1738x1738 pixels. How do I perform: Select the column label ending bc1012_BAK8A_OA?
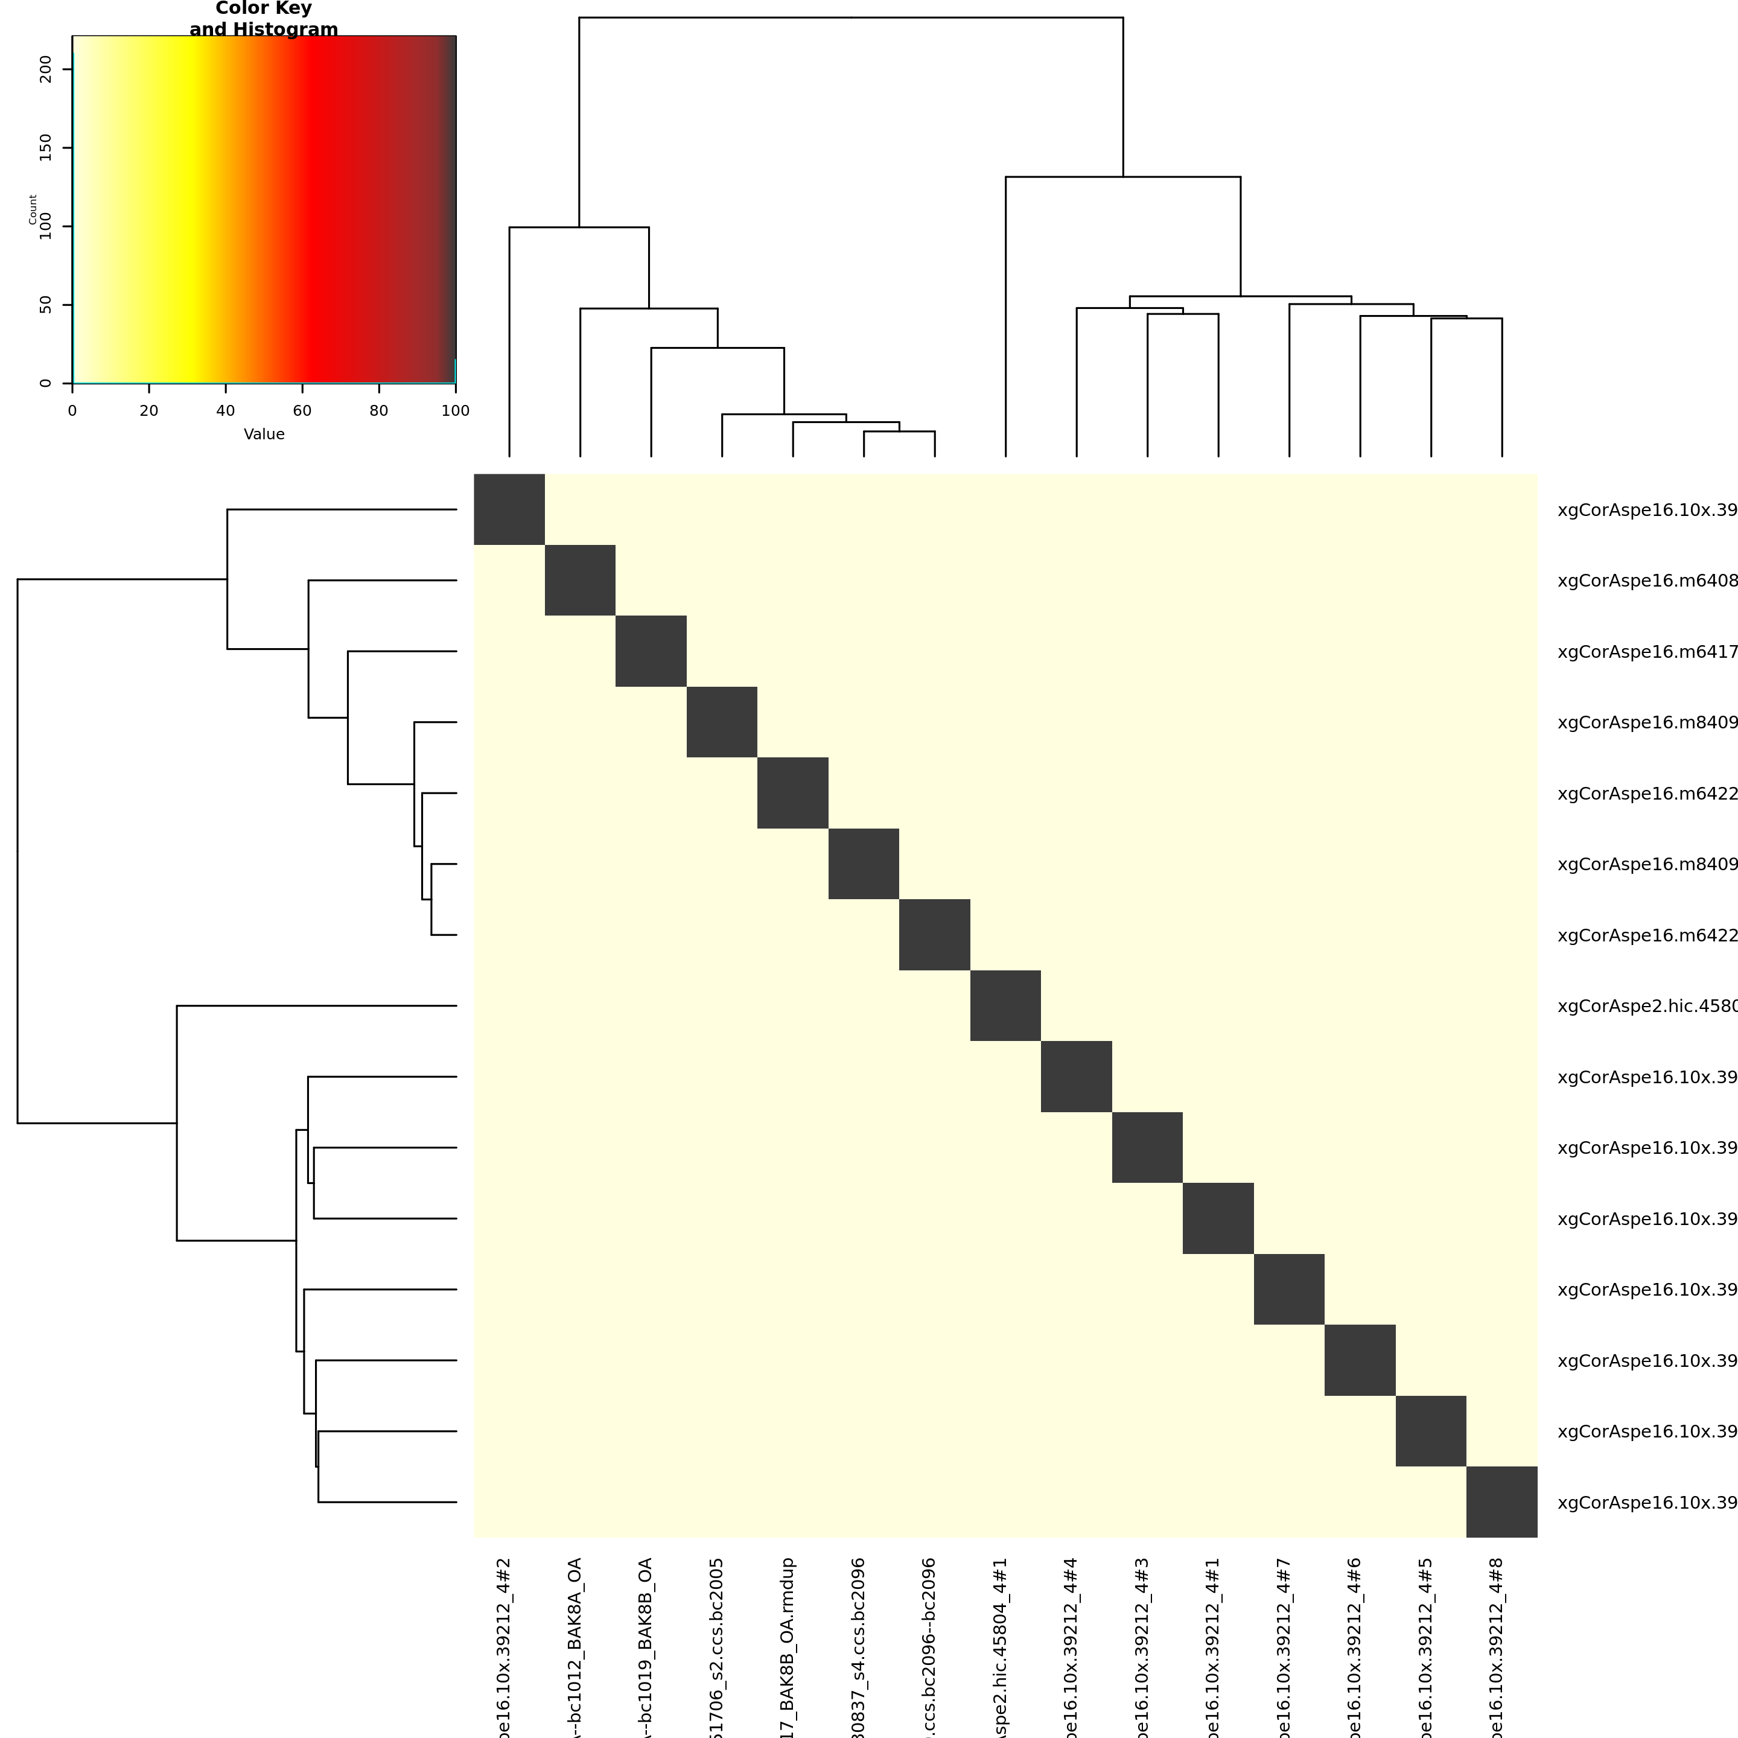575,1646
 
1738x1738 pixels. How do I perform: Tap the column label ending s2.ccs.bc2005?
716,1646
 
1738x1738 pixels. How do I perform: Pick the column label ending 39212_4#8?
1496,1646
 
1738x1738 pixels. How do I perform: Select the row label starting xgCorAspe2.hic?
1646,1006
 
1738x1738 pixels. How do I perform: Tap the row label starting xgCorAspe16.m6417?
1646,651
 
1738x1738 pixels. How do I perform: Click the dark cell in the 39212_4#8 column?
1501,1501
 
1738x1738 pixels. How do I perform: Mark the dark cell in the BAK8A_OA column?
580,580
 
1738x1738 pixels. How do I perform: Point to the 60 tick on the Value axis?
302,411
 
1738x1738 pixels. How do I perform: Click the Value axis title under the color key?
264,434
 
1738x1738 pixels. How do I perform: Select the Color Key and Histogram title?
264,19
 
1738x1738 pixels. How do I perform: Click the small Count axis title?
33,209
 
